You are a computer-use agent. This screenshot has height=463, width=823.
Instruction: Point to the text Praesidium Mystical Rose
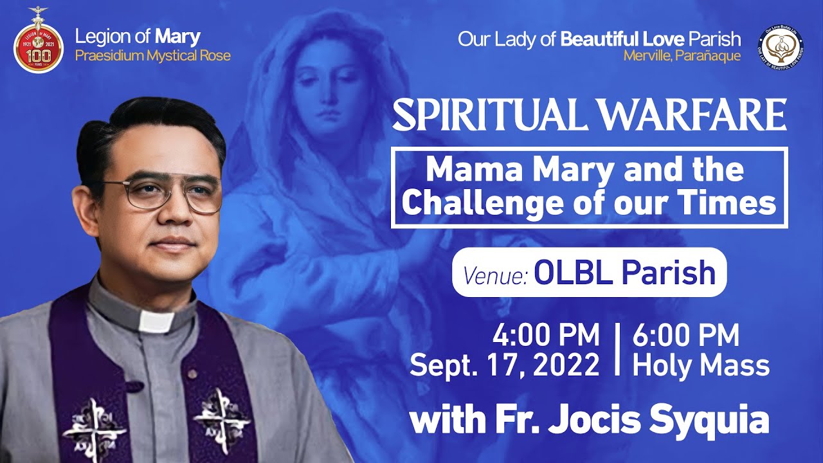pos(152,55)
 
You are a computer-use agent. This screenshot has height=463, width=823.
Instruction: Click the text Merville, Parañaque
pos(682,56)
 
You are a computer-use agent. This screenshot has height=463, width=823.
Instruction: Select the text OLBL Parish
pos(624,273)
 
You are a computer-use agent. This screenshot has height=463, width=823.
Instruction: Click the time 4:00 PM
pos(546,336)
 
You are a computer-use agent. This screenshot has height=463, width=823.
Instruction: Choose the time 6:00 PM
pos(685,336)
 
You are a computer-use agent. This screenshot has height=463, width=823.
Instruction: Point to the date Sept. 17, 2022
pos(505,365)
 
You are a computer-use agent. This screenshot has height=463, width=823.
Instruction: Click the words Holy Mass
pos(701,365)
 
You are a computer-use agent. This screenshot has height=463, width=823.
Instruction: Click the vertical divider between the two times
pos(617,350)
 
